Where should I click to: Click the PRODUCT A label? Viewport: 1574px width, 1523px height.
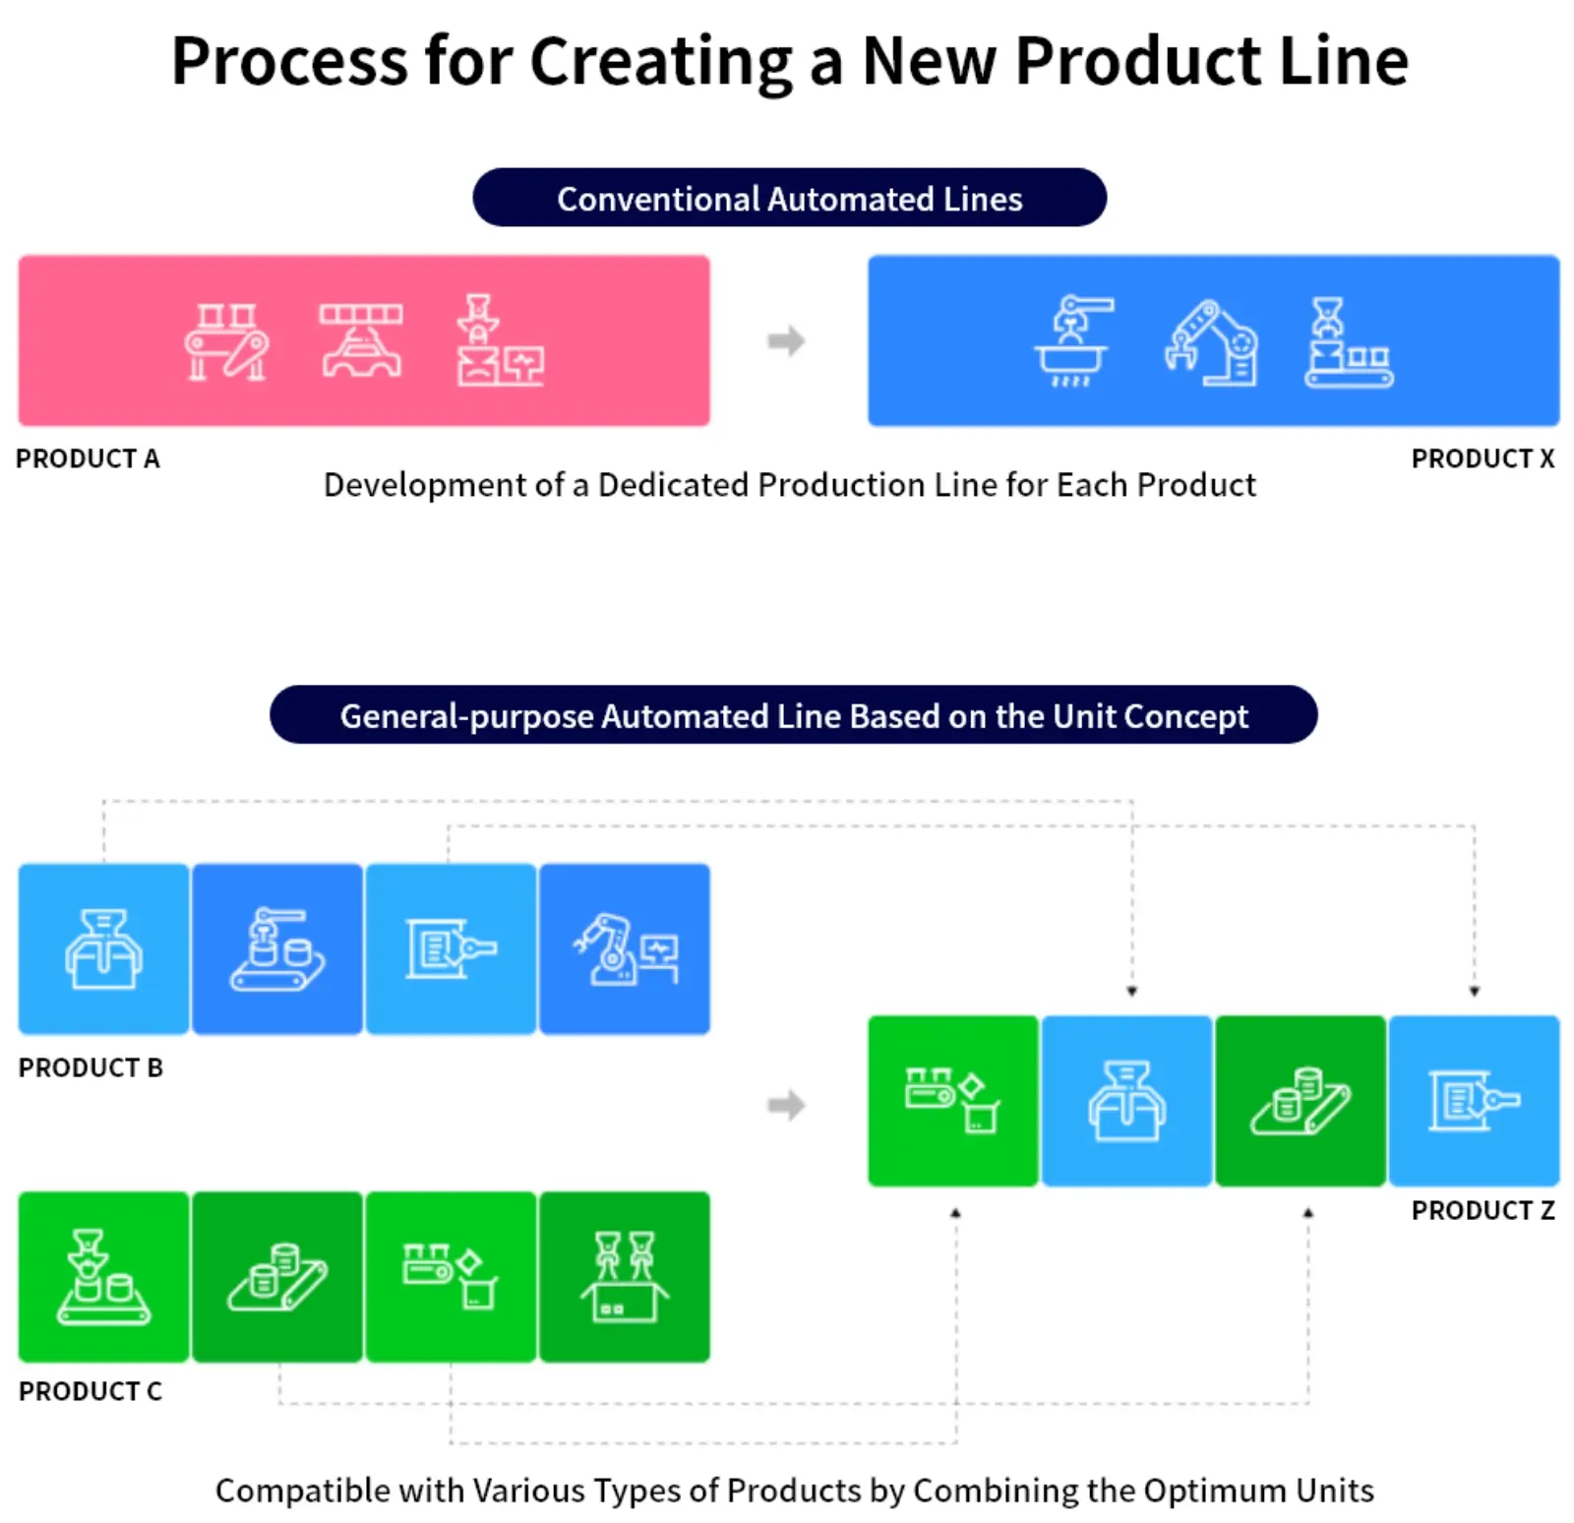point(88,458)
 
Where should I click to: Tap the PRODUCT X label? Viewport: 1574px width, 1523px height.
point(1483,458)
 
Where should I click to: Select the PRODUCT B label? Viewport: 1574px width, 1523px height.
point(91,1067)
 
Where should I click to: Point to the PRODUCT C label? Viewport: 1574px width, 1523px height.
point(91,1391)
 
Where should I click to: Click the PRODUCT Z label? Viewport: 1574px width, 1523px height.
point(1483,1210)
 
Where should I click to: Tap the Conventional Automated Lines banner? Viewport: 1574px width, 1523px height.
point(789,198)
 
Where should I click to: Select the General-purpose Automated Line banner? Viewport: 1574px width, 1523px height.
point(793,715)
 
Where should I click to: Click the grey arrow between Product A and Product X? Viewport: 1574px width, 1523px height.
point(786,341)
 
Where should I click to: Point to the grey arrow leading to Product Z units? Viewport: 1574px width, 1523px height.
point(786,1105)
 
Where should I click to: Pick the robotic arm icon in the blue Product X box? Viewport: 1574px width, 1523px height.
point(1211,341)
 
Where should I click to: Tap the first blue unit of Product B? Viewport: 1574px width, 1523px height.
point(103,948)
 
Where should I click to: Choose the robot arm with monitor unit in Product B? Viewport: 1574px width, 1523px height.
point(625,948)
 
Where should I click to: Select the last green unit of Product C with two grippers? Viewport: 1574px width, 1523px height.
point(625,1277)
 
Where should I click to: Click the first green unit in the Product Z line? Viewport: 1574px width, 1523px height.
point(952,1101)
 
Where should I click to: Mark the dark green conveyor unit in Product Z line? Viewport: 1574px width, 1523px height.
point(1300,1101)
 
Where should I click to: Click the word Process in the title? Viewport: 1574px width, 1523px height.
point(289,61)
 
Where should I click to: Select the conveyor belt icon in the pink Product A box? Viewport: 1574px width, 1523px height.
point(226,341)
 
